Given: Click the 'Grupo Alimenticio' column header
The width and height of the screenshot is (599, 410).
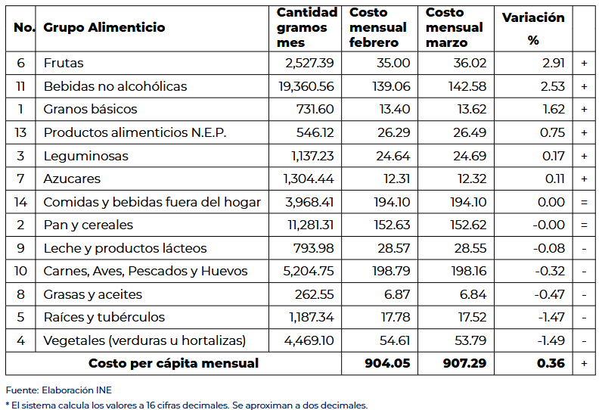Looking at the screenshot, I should click(104, 28).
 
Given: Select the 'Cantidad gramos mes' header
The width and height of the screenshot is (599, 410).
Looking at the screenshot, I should click(306, 28).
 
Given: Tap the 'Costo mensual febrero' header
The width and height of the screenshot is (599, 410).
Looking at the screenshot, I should click(377, 28).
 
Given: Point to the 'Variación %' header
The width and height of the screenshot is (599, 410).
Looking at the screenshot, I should click(533, 28).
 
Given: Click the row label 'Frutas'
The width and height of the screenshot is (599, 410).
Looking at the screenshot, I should click(64, 64).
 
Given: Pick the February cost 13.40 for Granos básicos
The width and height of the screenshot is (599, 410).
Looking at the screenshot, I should click(394, 110).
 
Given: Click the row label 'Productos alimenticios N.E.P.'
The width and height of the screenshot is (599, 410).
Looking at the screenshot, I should click(135, 133).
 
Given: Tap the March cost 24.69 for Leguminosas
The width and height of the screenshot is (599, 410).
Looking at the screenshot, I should click(469, 156).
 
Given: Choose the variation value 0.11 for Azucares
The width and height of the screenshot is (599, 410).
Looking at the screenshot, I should click(554, 179).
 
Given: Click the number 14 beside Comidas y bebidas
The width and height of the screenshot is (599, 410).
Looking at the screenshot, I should click(20, 202).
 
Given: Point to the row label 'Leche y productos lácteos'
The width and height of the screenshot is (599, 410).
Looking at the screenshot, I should click(125, 248).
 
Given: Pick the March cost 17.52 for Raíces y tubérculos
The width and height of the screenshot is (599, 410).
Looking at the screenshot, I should click(470, 318).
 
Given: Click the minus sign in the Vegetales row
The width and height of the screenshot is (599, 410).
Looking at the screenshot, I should click(584, 340).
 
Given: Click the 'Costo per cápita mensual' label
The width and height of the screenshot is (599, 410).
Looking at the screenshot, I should click(173, 363).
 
